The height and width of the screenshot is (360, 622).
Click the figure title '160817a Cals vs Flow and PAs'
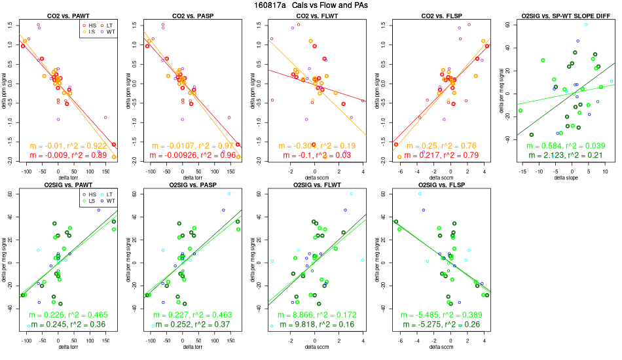tap(311, 5)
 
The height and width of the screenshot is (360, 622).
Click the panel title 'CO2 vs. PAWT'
tap(68, 14)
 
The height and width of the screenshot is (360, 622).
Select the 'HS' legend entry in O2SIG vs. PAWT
tap(90, 195)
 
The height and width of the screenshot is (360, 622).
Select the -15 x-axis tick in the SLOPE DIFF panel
tap(521, 171)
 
